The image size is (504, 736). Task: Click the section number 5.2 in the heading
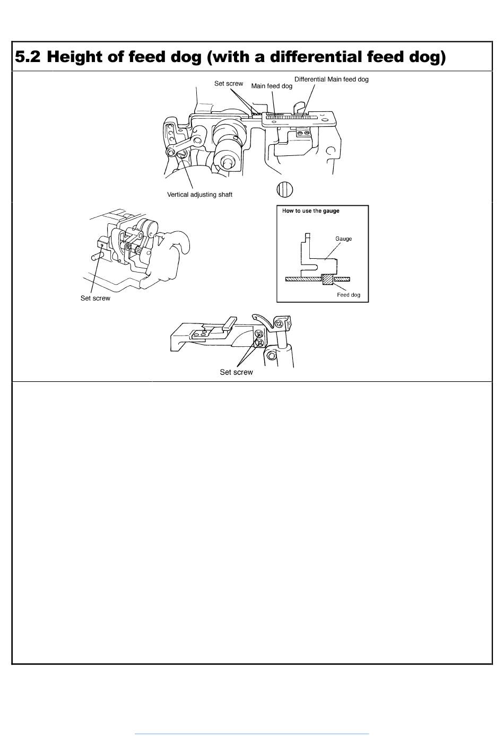coord(28,57)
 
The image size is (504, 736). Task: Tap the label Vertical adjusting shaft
coord(199,195)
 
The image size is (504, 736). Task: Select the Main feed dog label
coord(272,86)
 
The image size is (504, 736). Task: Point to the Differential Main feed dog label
coord(332,79)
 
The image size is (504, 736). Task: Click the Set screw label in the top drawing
coord(229,83)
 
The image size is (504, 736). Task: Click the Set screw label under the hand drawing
coord(95,298)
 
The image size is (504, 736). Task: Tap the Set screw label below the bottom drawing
coord(237,372)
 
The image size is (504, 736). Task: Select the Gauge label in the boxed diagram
coord(344,239)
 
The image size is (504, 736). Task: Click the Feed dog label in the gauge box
coord(349,295)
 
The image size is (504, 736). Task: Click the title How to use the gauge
coord(311,211)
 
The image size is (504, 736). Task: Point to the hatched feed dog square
coord(328,279)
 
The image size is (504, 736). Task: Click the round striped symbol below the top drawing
coord(285,190)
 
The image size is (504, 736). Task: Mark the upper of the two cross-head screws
coord(259,334)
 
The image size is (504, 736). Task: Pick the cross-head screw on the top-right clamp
coord(280,323)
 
